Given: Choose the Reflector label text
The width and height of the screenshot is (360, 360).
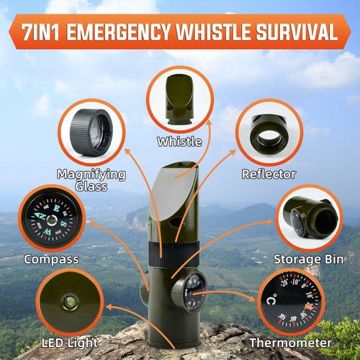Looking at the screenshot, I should (x=269, y=174).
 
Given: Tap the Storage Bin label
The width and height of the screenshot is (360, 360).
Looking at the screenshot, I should (x=309, y=258).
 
